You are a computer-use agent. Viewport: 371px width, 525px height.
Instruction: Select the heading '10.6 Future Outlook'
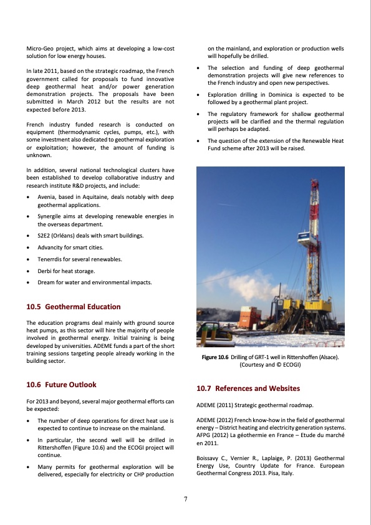pyautogui.click(x=61, y=385)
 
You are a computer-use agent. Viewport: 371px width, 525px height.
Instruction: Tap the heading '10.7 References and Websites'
pyautogui.click(x=249, y=388)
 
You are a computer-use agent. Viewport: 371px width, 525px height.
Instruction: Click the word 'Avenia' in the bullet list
pyautogui.click(x=47, y=197)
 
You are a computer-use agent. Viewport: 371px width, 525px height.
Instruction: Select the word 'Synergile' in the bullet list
pyautogui.click(x=51, y=216)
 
